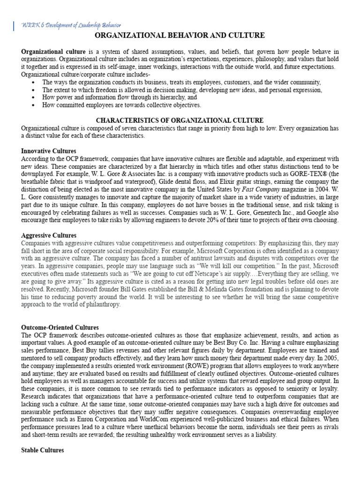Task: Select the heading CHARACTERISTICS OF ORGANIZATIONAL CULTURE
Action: click(180, 120)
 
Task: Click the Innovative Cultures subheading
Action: click(49, 151)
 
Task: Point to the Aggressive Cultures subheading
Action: click(49, 235)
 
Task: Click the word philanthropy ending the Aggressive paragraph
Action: click(104, 304)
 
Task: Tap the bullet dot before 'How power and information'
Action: click(33, 98)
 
